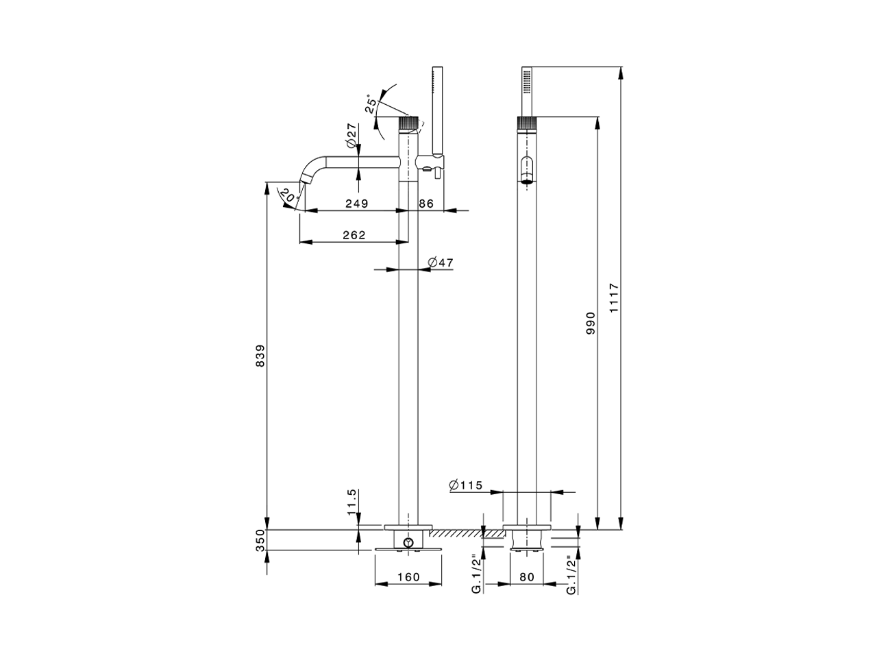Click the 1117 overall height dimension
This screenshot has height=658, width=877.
coord(614,298)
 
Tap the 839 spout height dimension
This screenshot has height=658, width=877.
coord(260,355)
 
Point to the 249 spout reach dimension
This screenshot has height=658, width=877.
coord(356,203)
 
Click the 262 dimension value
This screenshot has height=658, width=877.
coord(354,234)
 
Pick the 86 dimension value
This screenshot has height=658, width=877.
coord(426,203)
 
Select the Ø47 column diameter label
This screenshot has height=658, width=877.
coord(441,262)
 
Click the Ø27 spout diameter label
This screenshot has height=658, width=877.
coord(351,136)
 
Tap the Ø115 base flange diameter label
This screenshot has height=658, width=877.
coord(466,485)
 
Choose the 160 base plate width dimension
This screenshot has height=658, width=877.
coord(408,577)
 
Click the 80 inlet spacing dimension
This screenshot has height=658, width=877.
coord(526,577)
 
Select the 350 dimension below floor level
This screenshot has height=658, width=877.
coord(260,541)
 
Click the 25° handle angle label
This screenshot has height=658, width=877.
coord(371,103)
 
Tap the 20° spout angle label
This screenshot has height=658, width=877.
coord(289,196)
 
